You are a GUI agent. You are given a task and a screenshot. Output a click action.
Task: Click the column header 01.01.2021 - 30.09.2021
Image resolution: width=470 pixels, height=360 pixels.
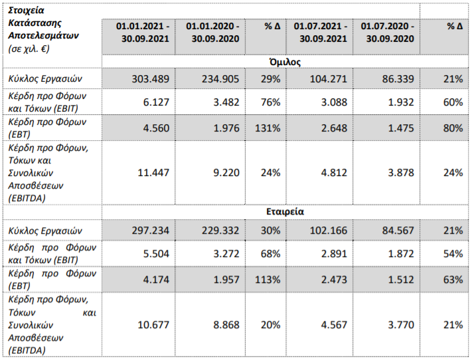pyautogui.click(x=143, y=33)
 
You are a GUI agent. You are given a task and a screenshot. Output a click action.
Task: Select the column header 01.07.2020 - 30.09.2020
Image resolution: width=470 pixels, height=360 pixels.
pyautogui.click(x=387, y=33)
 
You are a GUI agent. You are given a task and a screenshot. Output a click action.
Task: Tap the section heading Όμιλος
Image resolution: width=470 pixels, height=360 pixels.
pyautogui.click(x=285, y=62)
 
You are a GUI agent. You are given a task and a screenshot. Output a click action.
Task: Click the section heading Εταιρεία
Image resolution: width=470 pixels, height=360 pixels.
pyautogui.click(x=285, y=212)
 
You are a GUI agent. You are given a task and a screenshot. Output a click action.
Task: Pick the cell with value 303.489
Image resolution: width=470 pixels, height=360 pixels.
pyautogui.click(x=151, y=79)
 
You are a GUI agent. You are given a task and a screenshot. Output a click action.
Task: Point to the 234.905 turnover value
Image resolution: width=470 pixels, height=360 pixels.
pyautogui.click(x=220, y=79)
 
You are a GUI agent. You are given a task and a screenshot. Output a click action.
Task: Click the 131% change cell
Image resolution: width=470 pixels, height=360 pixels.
pyautogui.click(x=268, y=128)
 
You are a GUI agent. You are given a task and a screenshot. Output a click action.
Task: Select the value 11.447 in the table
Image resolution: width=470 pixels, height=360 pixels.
pyautogui.click(x=153, y=173)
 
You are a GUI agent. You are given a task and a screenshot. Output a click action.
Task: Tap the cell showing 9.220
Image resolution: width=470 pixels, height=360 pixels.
pyautogui.click(x=226, y=173)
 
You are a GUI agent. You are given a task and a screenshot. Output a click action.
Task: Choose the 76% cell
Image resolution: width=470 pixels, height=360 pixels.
pyautogui.click(x=271, y=102)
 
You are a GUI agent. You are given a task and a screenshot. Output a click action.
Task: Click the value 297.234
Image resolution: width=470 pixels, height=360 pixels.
pyautogui.click(x=151, y=230)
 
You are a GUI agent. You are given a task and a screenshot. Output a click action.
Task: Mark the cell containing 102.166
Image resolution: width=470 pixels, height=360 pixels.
pyautogui.click(x=328, y=230)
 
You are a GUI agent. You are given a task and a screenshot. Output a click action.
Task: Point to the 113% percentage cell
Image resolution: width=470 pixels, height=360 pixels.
pyautogui.click(x=268, y=280)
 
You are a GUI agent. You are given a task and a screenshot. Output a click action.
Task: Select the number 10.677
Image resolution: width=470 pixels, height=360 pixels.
pyautogui.click(x=153, y=325)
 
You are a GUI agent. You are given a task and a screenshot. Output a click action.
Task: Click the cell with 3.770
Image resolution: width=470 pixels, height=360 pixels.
pyautogui.click(x=401, y=325)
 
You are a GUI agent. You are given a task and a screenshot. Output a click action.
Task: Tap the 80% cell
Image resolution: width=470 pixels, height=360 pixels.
pyautogui.click(x=453, y=128)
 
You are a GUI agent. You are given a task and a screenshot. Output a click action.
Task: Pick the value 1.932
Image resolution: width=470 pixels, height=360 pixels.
pyautogui.click(x=401, y=102)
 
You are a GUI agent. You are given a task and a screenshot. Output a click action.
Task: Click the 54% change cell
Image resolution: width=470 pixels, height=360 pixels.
pyautogui.click(x=453, y=254)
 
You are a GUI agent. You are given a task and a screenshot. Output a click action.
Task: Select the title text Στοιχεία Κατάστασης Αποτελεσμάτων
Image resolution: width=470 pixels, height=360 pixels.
pyautogui.click(x=43, y=23)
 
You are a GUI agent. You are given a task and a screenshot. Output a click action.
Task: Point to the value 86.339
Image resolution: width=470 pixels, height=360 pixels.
pyautogui.click(x=398, y=79)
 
